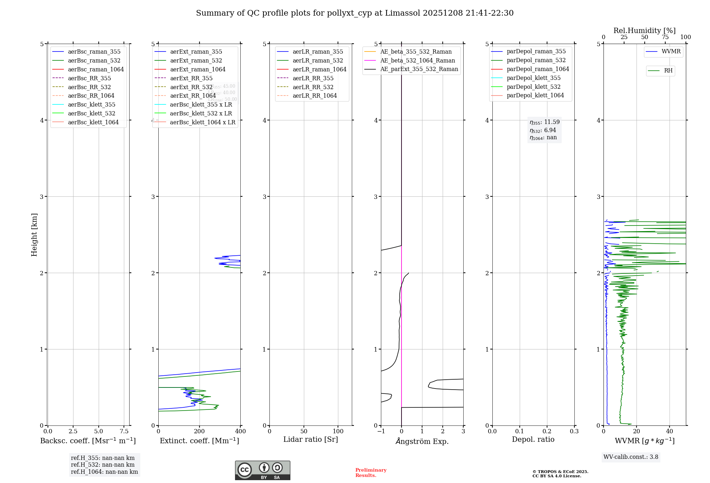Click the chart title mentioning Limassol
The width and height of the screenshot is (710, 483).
355,13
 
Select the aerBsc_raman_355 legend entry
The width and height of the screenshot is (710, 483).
94,52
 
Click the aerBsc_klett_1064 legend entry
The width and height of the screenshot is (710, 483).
93,123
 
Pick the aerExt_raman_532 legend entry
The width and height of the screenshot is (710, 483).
196,61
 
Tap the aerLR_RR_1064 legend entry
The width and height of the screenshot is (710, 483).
315,96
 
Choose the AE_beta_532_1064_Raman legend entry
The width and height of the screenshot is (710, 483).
417,61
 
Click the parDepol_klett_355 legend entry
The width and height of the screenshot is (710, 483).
534,78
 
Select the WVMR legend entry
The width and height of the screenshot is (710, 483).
671,52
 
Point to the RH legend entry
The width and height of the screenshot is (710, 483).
668,71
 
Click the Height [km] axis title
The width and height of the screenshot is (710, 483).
34,235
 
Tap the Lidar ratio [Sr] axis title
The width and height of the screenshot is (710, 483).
311,440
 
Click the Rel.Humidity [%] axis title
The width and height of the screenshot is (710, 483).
644,31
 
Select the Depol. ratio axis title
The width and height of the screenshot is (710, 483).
533,440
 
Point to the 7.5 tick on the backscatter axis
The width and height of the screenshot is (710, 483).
124,432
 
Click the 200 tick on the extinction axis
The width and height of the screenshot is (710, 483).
200,432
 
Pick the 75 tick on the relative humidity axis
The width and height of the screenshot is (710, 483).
665,37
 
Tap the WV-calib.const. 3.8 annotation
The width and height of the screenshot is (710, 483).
631,457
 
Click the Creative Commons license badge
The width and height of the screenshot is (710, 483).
262,470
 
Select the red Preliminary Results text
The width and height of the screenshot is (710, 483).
371,473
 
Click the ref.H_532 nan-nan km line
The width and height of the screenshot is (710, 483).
103,465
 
